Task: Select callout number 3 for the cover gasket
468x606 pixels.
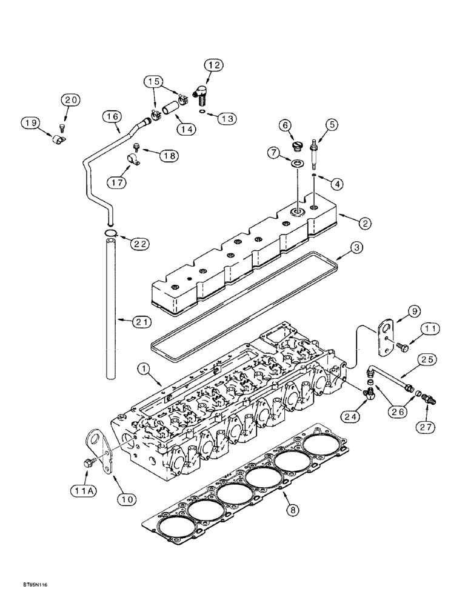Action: [357, 248]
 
